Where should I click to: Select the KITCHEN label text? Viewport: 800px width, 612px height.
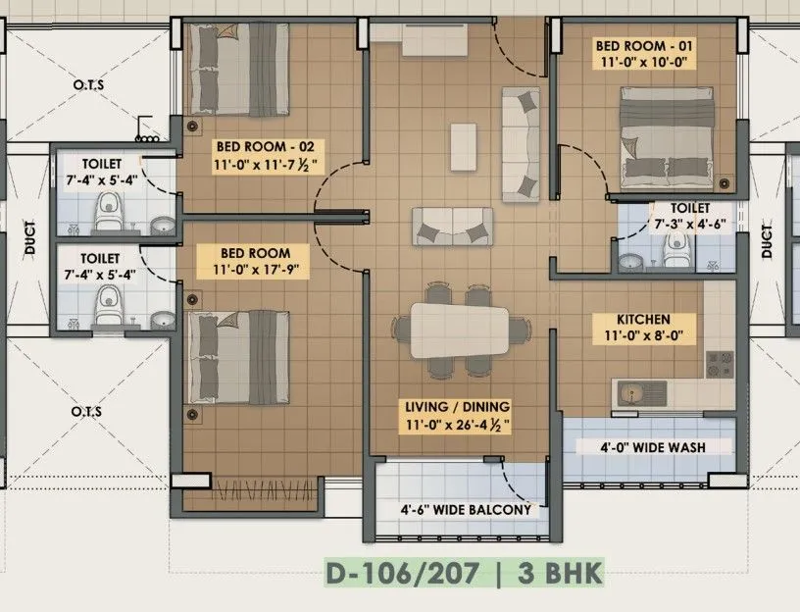coord(643,319)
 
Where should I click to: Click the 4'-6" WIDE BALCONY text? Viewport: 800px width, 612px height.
coord(465,509)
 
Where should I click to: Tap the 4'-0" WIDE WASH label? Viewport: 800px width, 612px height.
coord(653,447)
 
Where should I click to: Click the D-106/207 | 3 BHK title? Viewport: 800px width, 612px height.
coord(465,572)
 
